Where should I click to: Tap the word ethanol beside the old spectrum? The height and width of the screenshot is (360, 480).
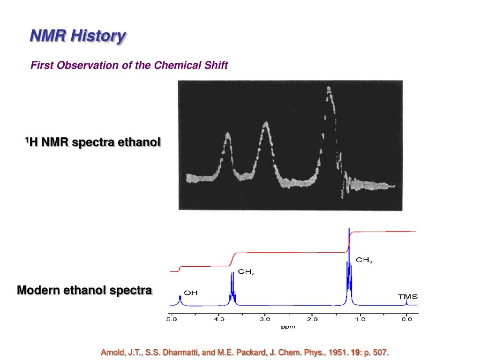pos(139,142)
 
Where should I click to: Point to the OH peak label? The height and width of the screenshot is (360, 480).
pos(191,293)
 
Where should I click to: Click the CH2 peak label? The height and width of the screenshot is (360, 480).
pos(246,271)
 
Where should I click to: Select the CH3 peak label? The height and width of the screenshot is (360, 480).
pos(364,259)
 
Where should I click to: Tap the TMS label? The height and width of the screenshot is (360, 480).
pos(408,297)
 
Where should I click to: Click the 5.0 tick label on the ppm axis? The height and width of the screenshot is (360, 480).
pos(171,320)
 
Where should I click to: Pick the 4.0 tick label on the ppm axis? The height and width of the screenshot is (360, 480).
pos(218,320)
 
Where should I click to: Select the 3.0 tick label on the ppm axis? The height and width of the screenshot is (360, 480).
pos(265,320)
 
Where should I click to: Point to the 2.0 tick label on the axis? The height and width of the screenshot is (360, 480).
pos(312,320)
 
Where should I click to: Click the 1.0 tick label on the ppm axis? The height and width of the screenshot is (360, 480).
pos(360,320)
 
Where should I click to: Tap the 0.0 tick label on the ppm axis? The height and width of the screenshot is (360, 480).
pos(406,320)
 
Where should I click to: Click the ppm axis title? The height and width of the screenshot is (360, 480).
pos(288,327)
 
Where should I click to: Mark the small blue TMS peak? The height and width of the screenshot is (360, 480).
pos(406,302)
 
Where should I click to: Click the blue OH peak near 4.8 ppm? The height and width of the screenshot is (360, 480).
pos(180,299)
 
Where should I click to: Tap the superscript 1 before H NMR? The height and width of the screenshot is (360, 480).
pos(27,139)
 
